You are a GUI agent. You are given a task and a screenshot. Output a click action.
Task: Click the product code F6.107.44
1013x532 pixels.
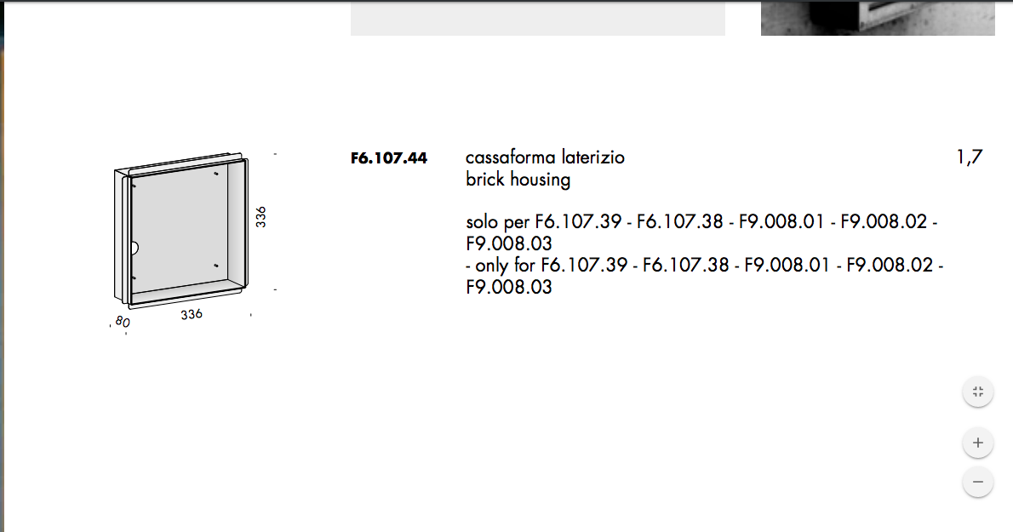pyautogui.click(x=389, y=158)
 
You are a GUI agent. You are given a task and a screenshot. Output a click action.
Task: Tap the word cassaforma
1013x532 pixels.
pyautogui.click(x=511, y=157)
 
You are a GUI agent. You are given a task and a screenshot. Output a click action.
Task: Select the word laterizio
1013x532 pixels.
pyautogui.click(x=593, y=157)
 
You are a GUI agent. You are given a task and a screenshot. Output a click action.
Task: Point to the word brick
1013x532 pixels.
pyautogui.click(x=484, y=179)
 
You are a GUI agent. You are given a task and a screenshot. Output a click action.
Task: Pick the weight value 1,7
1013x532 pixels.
pyautogui.click(x=969, y=157)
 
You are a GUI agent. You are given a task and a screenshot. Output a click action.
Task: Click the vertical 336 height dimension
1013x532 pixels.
pyautogui.click(x=260, y=216)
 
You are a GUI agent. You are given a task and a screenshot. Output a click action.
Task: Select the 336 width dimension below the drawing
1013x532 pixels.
pyautogui.click(x=192, y=314)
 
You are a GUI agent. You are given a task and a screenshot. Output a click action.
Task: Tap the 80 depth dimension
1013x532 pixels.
pyautogui.click(x=122, y=321)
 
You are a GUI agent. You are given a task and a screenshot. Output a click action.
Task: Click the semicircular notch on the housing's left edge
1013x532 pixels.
pyautogui.click(x=134, y=248)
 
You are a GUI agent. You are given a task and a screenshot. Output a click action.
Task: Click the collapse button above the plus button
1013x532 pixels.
pyautogui.click(x=978, y=392)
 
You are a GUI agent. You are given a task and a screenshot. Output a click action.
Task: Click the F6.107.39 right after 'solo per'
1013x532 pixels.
pyautogui.click(x=578, y=222)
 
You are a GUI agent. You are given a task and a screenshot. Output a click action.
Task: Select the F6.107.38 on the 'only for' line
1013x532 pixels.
pyautogui.click(x=685, y=266)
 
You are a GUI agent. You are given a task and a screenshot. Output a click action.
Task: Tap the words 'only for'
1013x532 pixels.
pyautogui.click(x=505, y=266)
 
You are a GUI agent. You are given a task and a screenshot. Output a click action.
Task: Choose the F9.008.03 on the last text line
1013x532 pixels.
pyautogui.click(x=509, y=287)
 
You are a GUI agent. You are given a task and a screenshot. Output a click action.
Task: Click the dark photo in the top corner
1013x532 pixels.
pyautogui.click(x=878, y=18)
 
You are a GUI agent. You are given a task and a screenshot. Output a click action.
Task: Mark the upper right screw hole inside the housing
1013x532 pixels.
pyautogui.click(x=215, y=173)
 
